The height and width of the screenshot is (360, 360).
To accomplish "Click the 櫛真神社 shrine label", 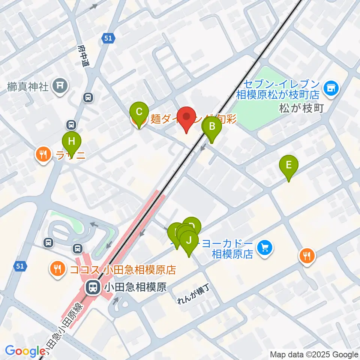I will coord(28,87).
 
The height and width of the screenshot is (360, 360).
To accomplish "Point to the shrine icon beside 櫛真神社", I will coord(60,86).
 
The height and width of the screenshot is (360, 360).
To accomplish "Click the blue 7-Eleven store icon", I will coord(331,88).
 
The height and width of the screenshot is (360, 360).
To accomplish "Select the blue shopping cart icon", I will coord(264,247).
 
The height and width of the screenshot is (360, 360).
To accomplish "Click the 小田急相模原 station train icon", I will coord(91,288).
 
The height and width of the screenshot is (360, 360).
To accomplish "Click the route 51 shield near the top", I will coord(108,37).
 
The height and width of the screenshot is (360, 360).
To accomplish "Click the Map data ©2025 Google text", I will coord(314,354).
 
